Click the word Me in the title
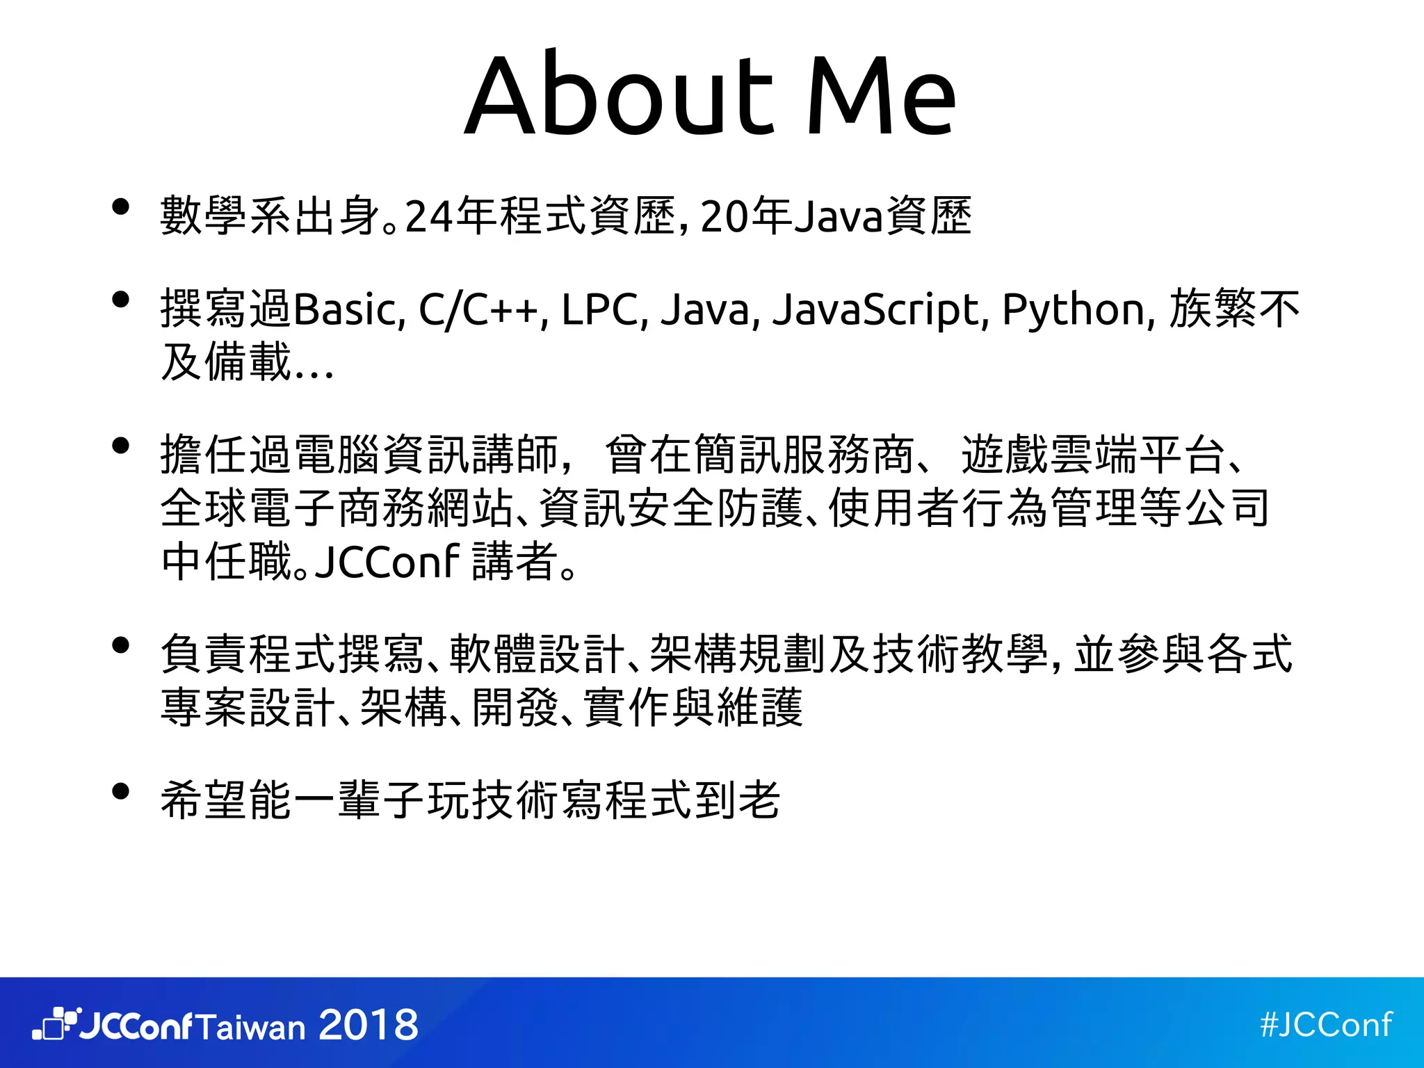pos(881,95)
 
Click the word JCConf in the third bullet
pos(387,560)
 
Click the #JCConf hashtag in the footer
pos(1326,1024)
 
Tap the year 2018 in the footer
pos(369,1025)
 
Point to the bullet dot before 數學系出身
pos(121,207)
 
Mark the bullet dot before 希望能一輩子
pos(121,791)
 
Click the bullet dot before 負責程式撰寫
pos(121,645)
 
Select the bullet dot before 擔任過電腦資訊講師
pos(121,445)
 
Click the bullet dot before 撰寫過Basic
pos(121,300)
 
